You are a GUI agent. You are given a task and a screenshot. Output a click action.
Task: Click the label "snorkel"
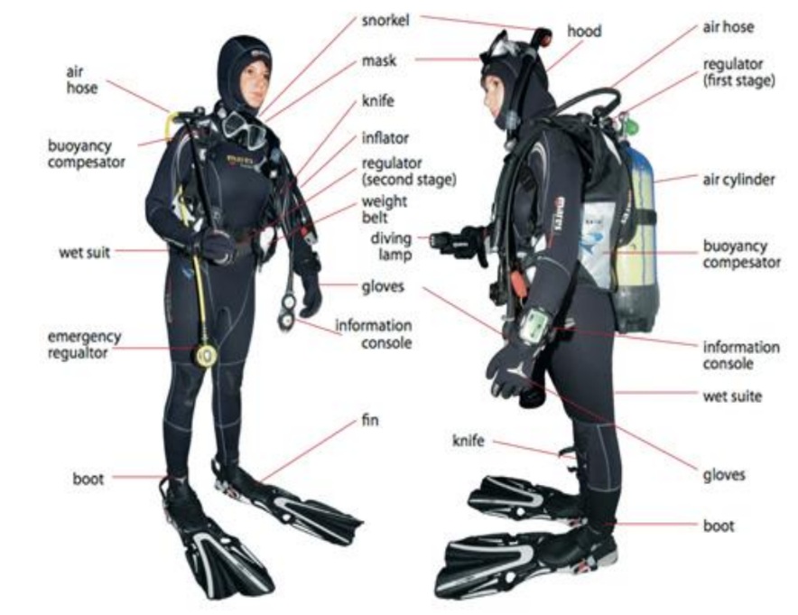tap(385, 21)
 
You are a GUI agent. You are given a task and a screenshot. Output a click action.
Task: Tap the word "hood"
tap(584, 31)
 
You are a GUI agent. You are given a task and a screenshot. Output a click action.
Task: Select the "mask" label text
tap(378, 61)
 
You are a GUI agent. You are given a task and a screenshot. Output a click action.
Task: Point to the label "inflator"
tap(385, 138)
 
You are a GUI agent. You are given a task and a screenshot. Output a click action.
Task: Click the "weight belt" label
tap(385, 210)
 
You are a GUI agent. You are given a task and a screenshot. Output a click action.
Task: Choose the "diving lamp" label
tap(391, 247)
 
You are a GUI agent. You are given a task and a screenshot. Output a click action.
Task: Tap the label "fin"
tap(370, 420)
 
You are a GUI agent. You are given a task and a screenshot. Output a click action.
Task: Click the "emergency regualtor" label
tap(85, 345)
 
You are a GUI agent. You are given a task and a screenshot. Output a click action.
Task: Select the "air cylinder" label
tap(739, 179)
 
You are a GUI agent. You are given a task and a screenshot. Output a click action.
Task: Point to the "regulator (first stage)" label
tap(739, 72)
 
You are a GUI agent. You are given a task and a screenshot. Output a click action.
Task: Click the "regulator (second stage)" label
tap(409, 172)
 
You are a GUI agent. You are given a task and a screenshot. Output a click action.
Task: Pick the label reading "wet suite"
tap(732, 396)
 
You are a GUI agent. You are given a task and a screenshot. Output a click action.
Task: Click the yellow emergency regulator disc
tap(206, 355)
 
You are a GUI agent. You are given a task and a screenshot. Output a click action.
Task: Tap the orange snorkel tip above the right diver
tap(544, 37)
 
